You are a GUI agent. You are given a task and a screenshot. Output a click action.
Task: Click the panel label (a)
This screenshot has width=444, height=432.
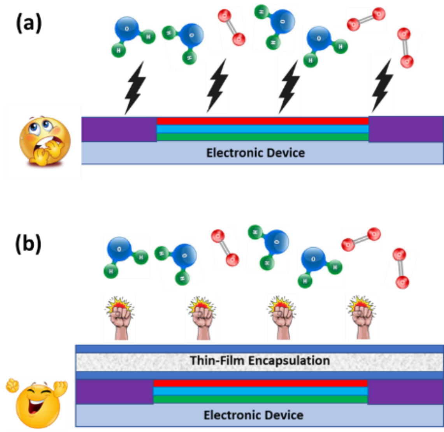point(29,24)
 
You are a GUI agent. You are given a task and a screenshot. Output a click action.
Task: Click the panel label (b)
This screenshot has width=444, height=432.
point(28,243)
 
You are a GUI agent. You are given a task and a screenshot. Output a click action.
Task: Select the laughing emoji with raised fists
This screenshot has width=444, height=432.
point(37,403)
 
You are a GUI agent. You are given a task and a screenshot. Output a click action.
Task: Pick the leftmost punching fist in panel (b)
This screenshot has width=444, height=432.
point(119,317)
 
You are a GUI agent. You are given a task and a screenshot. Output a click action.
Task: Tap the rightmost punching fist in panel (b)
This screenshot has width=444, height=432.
point(361,317)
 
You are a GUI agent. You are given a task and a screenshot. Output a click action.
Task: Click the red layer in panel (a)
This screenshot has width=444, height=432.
point(262,121)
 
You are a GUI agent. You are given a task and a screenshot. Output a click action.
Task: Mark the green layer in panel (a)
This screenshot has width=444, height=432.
point(262,137)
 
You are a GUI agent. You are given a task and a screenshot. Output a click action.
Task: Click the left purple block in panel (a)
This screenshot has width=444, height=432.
point(119,129)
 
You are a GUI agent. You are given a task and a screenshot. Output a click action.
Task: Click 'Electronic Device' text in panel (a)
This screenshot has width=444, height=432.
point(255,153)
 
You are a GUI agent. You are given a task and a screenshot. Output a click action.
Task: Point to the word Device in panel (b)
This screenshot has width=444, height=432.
point(283,415)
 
